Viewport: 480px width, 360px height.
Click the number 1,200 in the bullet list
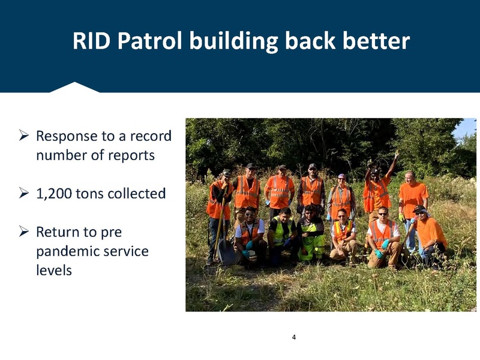click(54, 193)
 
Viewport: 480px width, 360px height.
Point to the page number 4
click(293, 337)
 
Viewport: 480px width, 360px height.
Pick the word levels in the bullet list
click(54, 270)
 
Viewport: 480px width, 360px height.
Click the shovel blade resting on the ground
click(227, 253)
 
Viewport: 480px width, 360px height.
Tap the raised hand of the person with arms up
click(396, 154)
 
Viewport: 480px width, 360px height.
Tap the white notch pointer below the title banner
click(74, 88)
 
